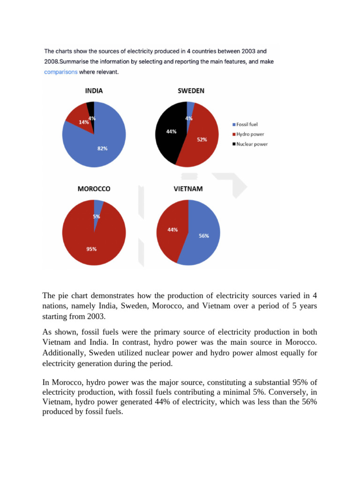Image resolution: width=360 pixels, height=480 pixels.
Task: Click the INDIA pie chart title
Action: [x=94, y=91]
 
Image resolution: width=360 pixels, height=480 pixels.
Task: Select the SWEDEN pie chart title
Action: [x=191, y=91]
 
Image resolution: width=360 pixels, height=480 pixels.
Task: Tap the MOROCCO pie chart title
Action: [x=94, y=188]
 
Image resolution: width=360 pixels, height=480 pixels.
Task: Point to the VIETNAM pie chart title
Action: [x=188, y=188]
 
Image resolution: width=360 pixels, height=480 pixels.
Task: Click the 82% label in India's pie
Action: [x=102, y=149]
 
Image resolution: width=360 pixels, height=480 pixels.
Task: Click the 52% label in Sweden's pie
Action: [x=202, y=140]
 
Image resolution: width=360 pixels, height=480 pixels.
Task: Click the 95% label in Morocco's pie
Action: [x=91, y=249]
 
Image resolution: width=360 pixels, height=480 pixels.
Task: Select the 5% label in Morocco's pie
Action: [x=96, y=217]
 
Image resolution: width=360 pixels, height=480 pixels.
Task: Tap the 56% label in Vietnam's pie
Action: [x=203, y=236]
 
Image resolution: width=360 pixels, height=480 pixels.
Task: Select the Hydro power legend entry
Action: [x=248, y=134]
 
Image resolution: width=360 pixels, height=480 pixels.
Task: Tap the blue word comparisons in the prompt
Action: [x=60, y=72]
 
